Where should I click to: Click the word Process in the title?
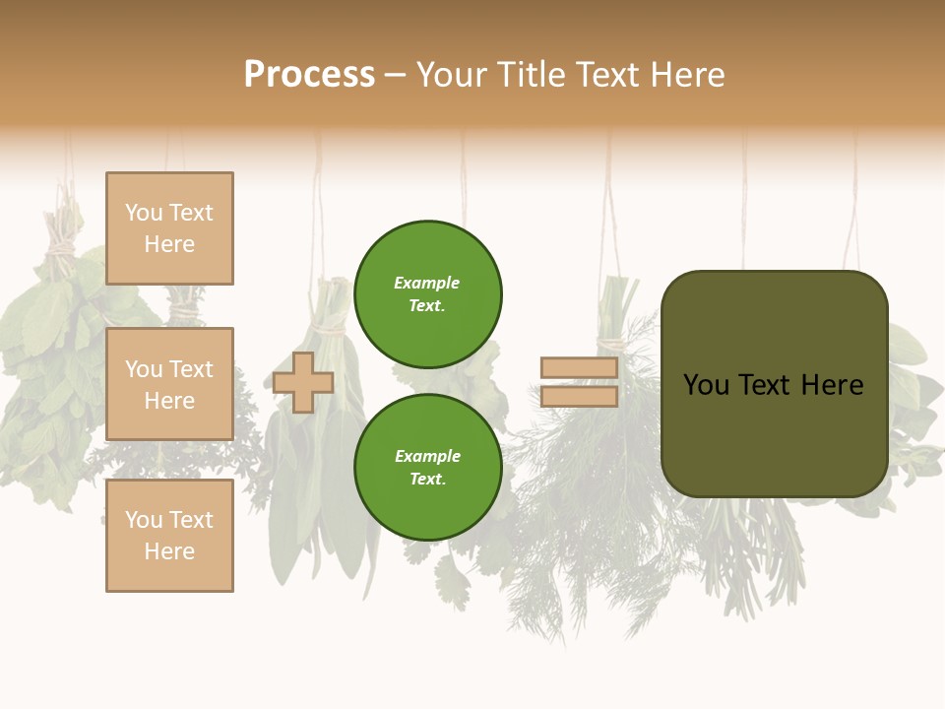tap(309, 75)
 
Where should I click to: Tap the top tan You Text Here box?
tap(169, 228)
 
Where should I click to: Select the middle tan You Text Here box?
tap(169, 384)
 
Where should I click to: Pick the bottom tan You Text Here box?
tap(169, 536)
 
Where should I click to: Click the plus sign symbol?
tap(303, 382)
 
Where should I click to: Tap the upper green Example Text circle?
tap(427, 293)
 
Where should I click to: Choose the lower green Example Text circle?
tap(427, 467)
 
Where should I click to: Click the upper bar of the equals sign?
tap(579, 368)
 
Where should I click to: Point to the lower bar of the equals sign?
tap(579, 397)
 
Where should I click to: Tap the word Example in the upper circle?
tap(426, 283)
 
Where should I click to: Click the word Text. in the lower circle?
tap(427, 480)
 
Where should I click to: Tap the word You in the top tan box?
tap(144, 213)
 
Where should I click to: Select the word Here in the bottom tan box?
tap(169, 551)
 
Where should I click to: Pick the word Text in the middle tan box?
tap(191, 369)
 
